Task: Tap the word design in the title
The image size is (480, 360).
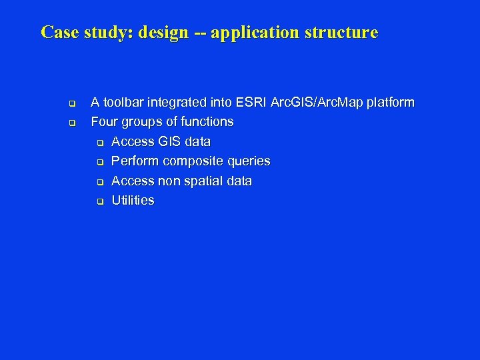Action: [164, 33]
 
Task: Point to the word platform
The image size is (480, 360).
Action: [389, 103]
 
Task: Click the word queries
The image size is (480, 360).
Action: [249, 161]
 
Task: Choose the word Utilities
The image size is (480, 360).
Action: [133, 200]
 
